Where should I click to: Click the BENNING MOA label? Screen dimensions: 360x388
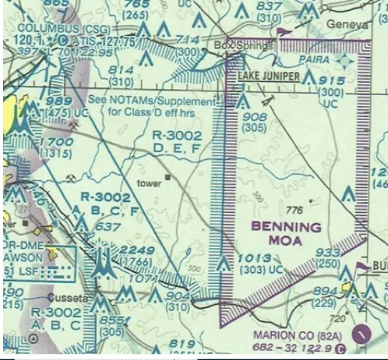(x=286, y=233)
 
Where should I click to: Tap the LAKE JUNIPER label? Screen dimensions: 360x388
(x=268, y=77)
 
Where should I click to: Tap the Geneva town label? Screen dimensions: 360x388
(x=347, y=23)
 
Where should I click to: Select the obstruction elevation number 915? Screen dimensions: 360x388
(x=331, y=81)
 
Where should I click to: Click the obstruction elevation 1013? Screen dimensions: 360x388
(x=256, y=258)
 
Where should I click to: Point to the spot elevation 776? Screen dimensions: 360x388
(x=295, y=210)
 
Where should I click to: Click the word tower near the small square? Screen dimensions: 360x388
(x=149, y=183)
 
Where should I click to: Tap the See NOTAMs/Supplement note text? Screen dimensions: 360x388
(x=152, y=102)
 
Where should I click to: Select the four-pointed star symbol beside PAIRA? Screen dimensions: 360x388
(x=344, y=61)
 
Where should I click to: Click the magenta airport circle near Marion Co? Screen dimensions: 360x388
(x=361, y=331)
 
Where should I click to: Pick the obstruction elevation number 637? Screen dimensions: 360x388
(x=107, y=227)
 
